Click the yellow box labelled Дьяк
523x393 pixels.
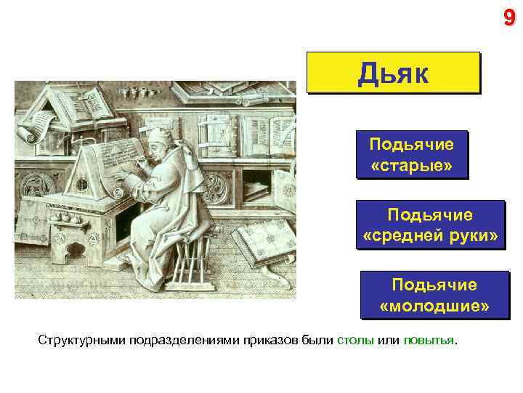[394, 73]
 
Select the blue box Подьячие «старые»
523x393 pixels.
[411, 155]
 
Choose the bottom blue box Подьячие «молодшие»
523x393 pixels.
[434, 295]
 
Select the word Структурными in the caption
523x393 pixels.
[82, 340]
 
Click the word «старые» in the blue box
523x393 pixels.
[411, 165]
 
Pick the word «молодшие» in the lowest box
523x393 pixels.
[434, 306]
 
